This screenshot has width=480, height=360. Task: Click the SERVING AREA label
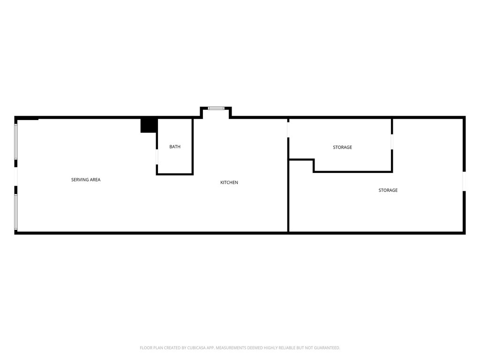point(86,180)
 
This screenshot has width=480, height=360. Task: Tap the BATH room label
point(175,147)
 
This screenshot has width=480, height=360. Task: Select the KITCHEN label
point(229,182)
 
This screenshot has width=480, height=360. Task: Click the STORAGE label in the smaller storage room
point(342,147)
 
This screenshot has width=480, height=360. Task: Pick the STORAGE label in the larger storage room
point(388,190)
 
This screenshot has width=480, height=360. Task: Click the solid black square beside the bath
point(149,126)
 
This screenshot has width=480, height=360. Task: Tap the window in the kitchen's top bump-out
point(216,108)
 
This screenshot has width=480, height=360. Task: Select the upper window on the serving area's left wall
point(16,142)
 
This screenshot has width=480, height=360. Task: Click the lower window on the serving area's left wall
point(16,212)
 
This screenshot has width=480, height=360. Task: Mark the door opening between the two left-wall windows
point(16,177)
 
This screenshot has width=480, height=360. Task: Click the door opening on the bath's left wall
point(157,157)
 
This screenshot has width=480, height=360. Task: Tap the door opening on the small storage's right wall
point(392,142)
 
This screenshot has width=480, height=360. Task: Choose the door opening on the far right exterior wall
point(464,181)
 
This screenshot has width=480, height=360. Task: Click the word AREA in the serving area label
point(95,180)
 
